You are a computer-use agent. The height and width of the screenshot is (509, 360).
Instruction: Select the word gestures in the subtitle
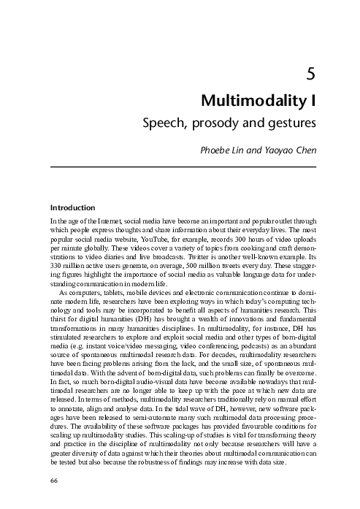tap(291, 121)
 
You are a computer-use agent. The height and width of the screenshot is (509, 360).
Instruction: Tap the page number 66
tap(53, 481)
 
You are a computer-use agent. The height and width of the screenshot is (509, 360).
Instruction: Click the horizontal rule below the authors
tap(182, 167)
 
